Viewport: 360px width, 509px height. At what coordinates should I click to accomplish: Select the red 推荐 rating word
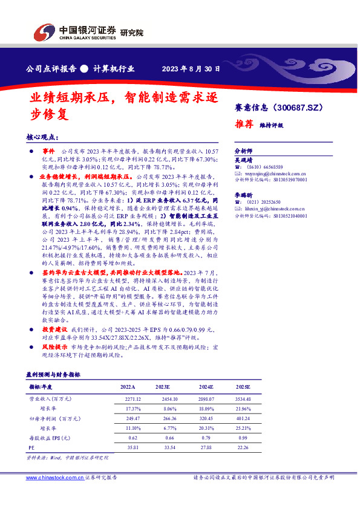pyautogui.click(x=244, y=125)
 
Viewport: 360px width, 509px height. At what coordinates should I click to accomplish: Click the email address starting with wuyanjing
pyautogui.click(x=275, y=173)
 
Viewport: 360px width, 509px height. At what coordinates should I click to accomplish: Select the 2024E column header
pyautogui.click(x=206, y=386)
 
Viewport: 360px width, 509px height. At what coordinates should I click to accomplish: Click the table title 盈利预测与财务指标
pyautogui.click(x=53, y=375)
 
